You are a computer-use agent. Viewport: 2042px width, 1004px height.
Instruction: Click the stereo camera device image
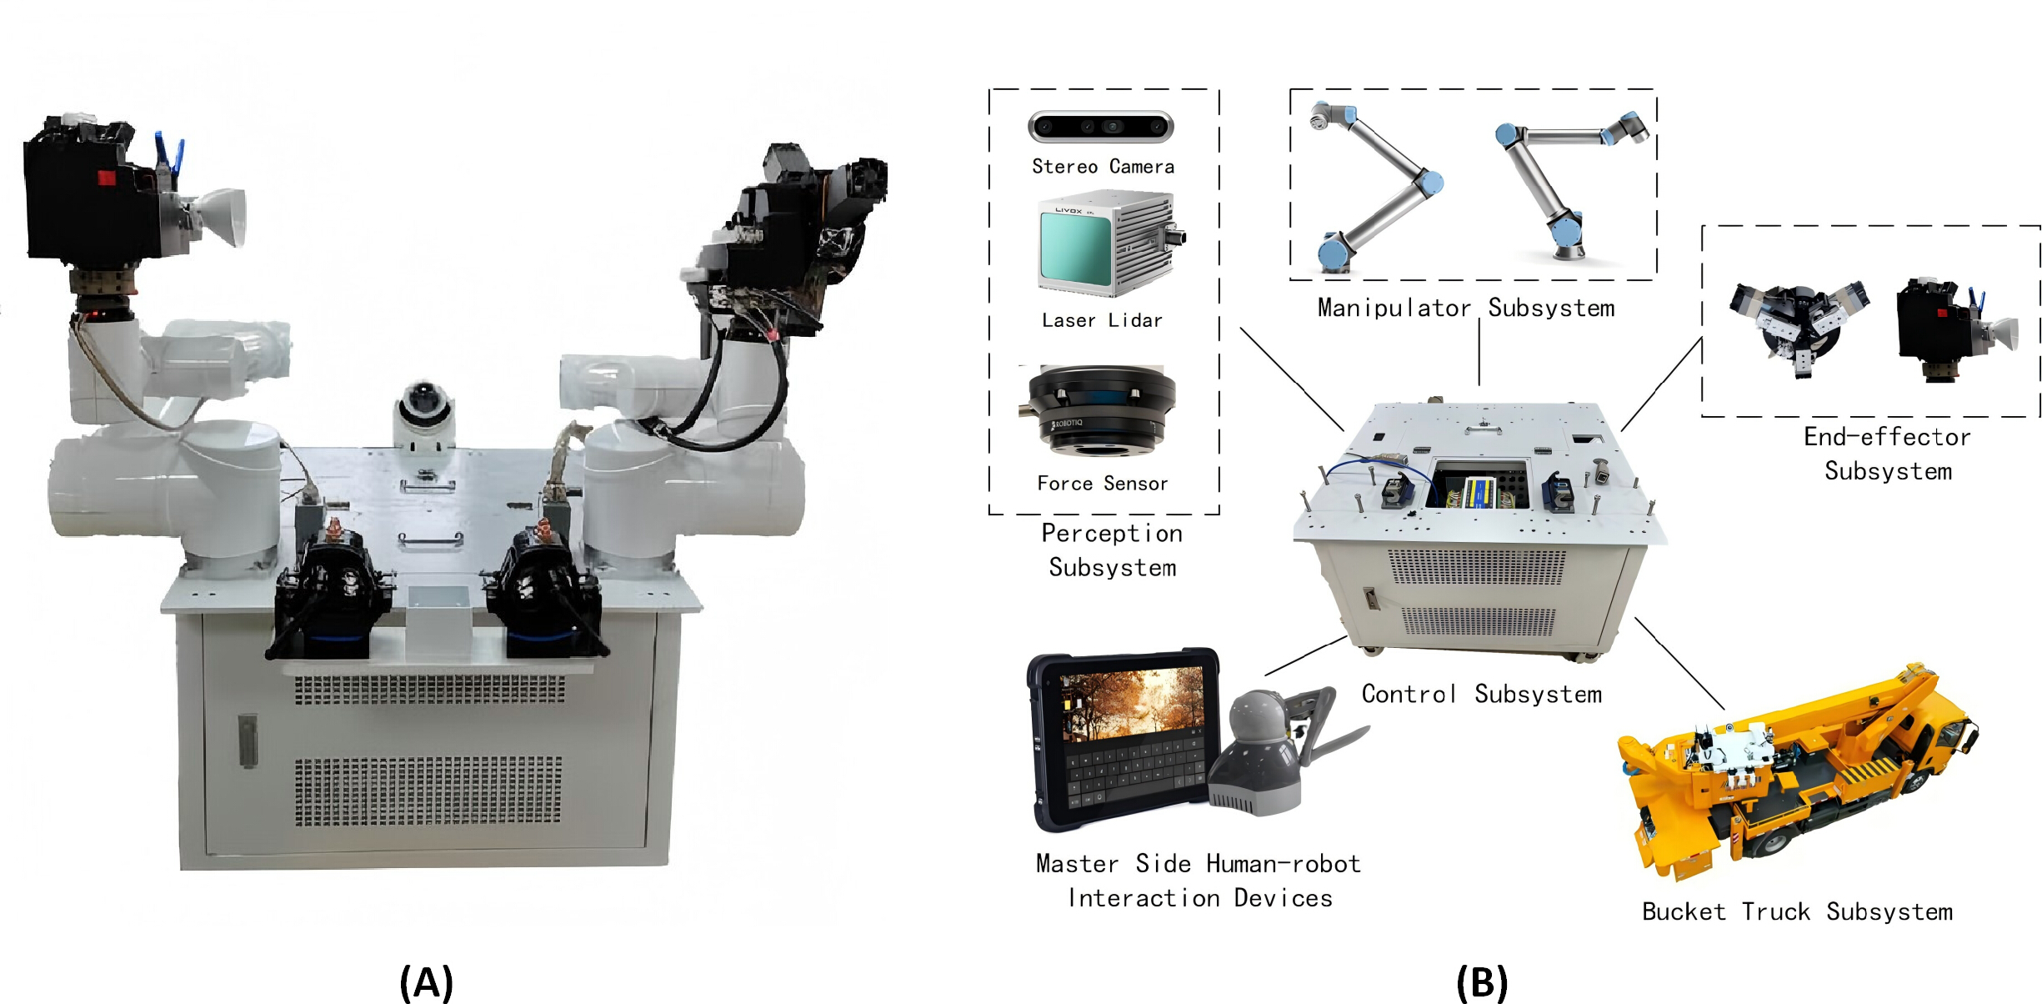tap(1101, 127)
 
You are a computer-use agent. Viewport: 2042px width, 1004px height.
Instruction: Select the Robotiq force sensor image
tap(1099, 410)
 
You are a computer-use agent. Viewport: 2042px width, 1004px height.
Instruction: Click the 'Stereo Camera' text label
tap(1103, 167)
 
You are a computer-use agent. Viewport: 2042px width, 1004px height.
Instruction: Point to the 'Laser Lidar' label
tap(1102, 320)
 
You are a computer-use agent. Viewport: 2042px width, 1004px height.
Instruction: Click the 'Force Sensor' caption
tap(1103, 484)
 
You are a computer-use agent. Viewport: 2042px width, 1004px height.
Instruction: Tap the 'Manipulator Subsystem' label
tap(1466, 308)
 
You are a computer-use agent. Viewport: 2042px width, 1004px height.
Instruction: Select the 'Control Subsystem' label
tap(1482, 694)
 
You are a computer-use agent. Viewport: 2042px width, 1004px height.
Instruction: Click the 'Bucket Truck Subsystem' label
tap(1798, 911)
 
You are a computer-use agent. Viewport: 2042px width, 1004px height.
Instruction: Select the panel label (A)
tap(426, 982)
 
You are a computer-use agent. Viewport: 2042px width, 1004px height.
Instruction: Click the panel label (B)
tap(1482, 982)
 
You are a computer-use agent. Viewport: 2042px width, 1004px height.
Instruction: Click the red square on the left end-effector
tap(107, 177)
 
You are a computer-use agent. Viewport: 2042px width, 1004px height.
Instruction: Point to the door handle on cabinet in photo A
tap(248, 740)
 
